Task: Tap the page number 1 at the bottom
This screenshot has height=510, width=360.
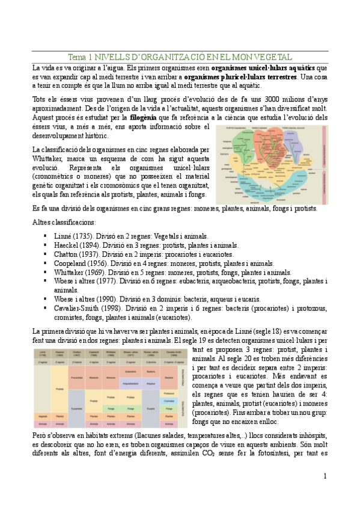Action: [325, 476]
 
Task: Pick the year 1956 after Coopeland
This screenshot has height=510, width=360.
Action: [97, 263]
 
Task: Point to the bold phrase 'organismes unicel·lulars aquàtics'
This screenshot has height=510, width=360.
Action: [267, 69]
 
